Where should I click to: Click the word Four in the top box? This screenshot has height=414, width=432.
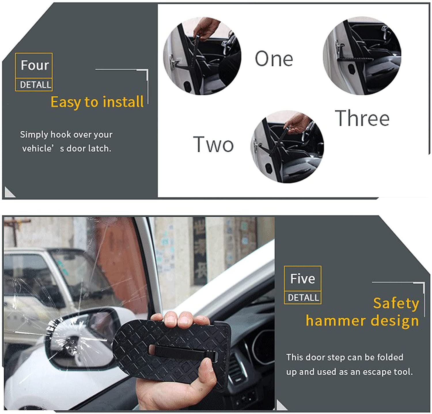coord(35,65)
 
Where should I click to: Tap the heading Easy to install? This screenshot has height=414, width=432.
coord(97,102)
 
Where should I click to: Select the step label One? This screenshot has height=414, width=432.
coord(274,59)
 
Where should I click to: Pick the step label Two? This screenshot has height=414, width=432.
coord(213,144)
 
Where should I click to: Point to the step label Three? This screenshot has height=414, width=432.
coord(362,118)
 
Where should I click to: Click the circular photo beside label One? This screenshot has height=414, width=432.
coord(202,56)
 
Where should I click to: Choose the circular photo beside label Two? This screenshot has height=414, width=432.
coord(287,147)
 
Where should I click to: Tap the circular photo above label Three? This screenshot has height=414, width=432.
coord(362,56)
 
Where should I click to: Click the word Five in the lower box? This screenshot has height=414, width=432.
coord(302,278)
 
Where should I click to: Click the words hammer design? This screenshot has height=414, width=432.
coord(362,320)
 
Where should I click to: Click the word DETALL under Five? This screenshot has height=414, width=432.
coord(303,298)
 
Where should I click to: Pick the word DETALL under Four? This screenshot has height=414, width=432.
coord(35,85)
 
